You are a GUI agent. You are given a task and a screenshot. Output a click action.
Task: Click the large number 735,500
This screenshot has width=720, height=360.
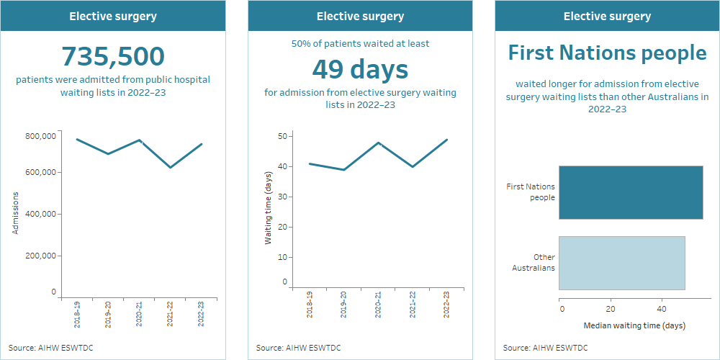coord(113,56)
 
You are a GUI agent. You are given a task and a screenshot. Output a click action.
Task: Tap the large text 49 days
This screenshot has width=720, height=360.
coord(360,69)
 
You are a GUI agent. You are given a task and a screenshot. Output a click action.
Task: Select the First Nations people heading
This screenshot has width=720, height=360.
coord(607,53)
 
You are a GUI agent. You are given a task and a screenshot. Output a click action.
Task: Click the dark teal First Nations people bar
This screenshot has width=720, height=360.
coord(630,192)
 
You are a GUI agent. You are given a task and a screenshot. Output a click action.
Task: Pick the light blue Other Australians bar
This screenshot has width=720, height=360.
coord(621,263)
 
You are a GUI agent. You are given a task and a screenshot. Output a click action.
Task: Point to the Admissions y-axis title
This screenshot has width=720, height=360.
coord(15,213)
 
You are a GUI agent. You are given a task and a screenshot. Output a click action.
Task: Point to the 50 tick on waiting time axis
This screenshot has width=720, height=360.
coord(284,136)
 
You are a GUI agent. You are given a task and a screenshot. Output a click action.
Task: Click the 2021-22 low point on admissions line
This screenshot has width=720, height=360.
coord(171,168)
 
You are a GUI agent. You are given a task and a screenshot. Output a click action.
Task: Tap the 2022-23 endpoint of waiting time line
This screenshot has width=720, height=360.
coord(447,140)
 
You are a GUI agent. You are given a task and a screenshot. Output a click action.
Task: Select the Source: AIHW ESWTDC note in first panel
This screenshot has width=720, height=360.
coord(51,348)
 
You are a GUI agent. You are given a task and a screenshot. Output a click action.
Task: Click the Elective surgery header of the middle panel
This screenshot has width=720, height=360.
coord(360,16)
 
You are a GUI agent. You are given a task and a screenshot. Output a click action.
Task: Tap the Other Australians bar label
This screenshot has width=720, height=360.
coord(534,263)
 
